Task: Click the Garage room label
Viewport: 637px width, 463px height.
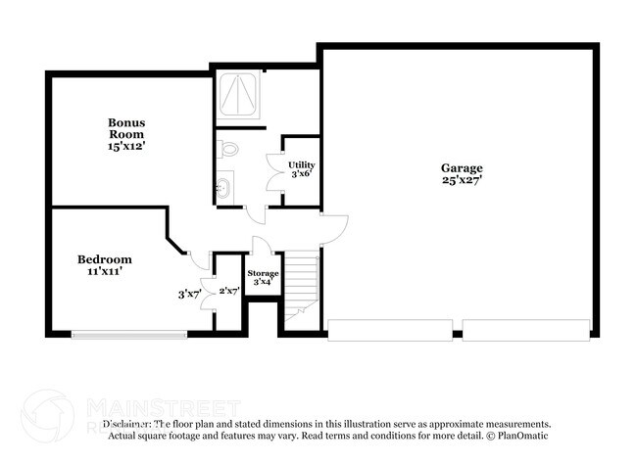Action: click(460, 167)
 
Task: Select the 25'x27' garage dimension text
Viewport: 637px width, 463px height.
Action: click(460, 180)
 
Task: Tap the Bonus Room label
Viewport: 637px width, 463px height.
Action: click(126, 128)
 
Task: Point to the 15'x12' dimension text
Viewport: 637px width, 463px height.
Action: click(126, 146)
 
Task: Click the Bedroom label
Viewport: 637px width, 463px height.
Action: click(105, 259)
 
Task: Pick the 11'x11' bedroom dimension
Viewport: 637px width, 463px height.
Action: click(105, 273)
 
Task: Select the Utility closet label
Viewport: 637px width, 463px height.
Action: click(301, 164)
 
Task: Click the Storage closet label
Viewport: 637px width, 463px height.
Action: click(263, 273)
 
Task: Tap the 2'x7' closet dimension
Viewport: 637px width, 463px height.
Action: click(228, 291)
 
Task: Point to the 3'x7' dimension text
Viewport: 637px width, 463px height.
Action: click(189, 293)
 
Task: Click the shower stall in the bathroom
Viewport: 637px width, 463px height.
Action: click(238, 96)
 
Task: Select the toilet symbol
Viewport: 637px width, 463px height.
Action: click(227, 149)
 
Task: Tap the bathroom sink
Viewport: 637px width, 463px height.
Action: click(224, 186)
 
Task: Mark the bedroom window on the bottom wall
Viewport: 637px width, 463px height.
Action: click(128, 335)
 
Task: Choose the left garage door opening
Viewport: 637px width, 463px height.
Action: click(389, 330)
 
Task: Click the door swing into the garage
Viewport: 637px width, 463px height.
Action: click(333, 228)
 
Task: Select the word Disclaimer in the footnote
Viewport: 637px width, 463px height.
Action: click(130, 425)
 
